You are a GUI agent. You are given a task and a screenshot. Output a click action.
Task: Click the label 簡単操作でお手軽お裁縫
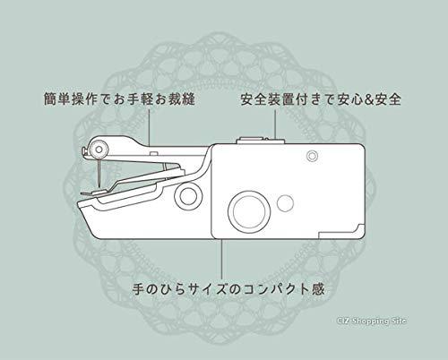pyautogui.click(x=119, y=99)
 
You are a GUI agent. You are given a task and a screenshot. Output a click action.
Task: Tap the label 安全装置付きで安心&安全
pyautogui.click(x=321, y=99)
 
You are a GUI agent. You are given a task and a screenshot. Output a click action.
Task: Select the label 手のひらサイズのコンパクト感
pyautogui.click(x=228, y=288)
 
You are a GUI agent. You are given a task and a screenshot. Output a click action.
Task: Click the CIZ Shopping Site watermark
pyautogui.click(x=372, y=321)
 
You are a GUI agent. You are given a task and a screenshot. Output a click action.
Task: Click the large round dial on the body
pyautogui.click(x=249, y=210)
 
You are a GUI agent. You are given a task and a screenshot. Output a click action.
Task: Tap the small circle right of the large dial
pyautogui.click(x=285, y=203)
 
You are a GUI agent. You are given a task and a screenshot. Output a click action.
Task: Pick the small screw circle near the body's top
pyautogui.click(x=312, y=156)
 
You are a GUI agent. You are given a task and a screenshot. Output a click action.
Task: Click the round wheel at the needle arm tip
pyautogui.click(x=99, y=149)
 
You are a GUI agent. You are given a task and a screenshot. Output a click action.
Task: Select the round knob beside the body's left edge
pyautogui.click(x=188, y=196)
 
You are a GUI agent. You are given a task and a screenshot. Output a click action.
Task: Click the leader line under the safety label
pyautogui.click(x=275, y=124)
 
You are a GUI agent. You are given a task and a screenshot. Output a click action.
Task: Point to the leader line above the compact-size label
pyautogui.click(x=222, y=259)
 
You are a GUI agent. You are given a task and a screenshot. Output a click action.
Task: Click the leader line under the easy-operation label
pyautogui.click(x=149, y=127)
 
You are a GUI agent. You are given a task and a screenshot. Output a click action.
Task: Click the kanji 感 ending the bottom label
pyautogui.click(x=318, y=288)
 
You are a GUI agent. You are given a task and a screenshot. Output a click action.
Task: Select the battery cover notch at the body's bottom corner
pyautogui.click(x=341, y=231)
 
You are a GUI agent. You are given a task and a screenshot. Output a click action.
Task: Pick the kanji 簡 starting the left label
pyautogui.click(x=50, y=99)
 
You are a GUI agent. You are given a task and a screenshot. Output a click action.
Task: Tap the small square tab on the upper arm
pyautogui.click(x=153, y=153)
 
